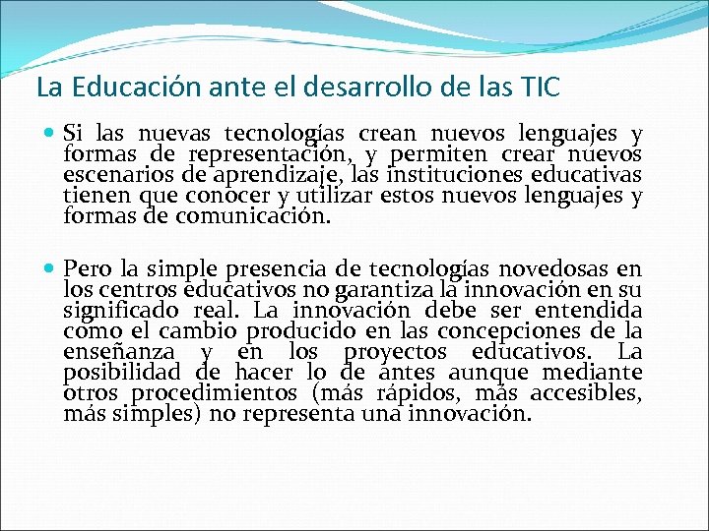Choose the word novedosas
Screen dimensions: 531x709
coord(550,268)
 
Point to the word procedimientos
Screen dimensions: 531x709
coord(197,393)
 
